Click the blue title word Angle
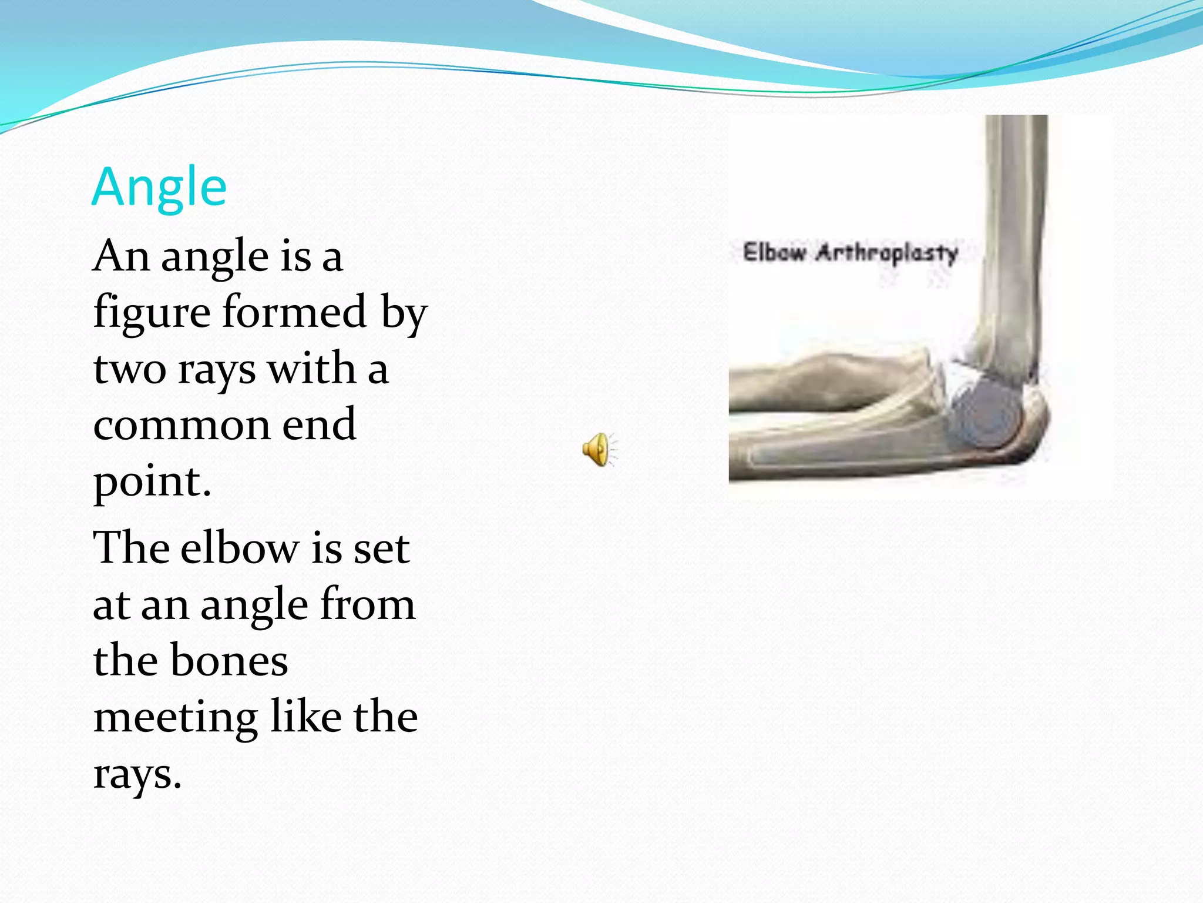click(x=159, y=188)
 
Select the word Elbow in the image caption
click(x=774, y=252)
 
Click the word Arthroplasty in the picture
click(x=887, y=253)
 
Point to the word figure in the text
click(x=152, y=313)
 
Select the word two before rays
click(x=130, y=369)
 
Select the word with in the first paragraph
click(x=311, y=369)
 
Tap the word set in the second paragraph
click(x=382, y=549)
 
